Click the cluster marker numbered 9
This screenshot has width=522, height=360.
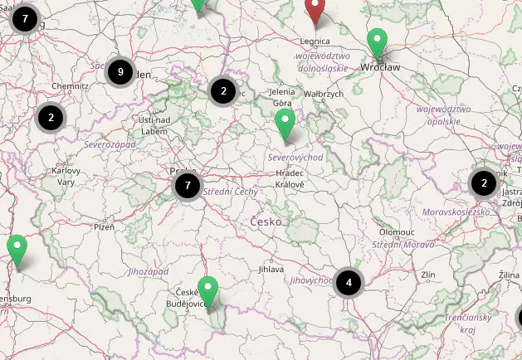point(120,72)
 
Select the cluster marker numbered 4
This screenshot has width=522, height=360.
point(349,282)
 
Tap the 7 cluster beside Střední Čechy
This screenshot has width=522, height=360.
point(188,186)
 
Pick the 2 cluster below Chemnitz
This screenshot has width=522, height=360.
point(51,118)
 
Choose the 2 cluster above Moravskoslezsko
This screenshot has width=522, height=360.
point(484,182)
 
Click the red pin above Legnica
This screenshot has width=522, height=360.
point(315,10)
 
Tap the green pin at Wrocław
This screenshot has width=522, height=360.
point(378,43)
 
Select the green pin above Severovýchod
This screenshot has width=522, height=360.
point(285,124)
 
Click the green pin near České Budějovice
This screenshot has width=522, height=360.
point(208,291)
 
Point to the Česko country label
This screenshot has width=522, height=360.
point(266,221)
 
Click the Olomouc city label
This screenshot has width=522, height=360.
point(395,232)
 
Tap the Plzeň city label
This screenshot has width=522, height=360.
point(104,226)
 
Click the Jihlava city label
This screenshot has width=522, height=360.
point(271,269)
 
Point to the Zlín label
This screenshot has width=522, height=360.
point(428,274)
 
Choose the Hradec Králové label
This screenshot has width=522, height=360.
point(290,178)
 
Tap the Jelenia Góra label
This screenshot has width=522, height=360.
point(282,97)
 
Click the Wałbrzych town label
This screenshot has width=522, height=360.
point(324,95)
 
